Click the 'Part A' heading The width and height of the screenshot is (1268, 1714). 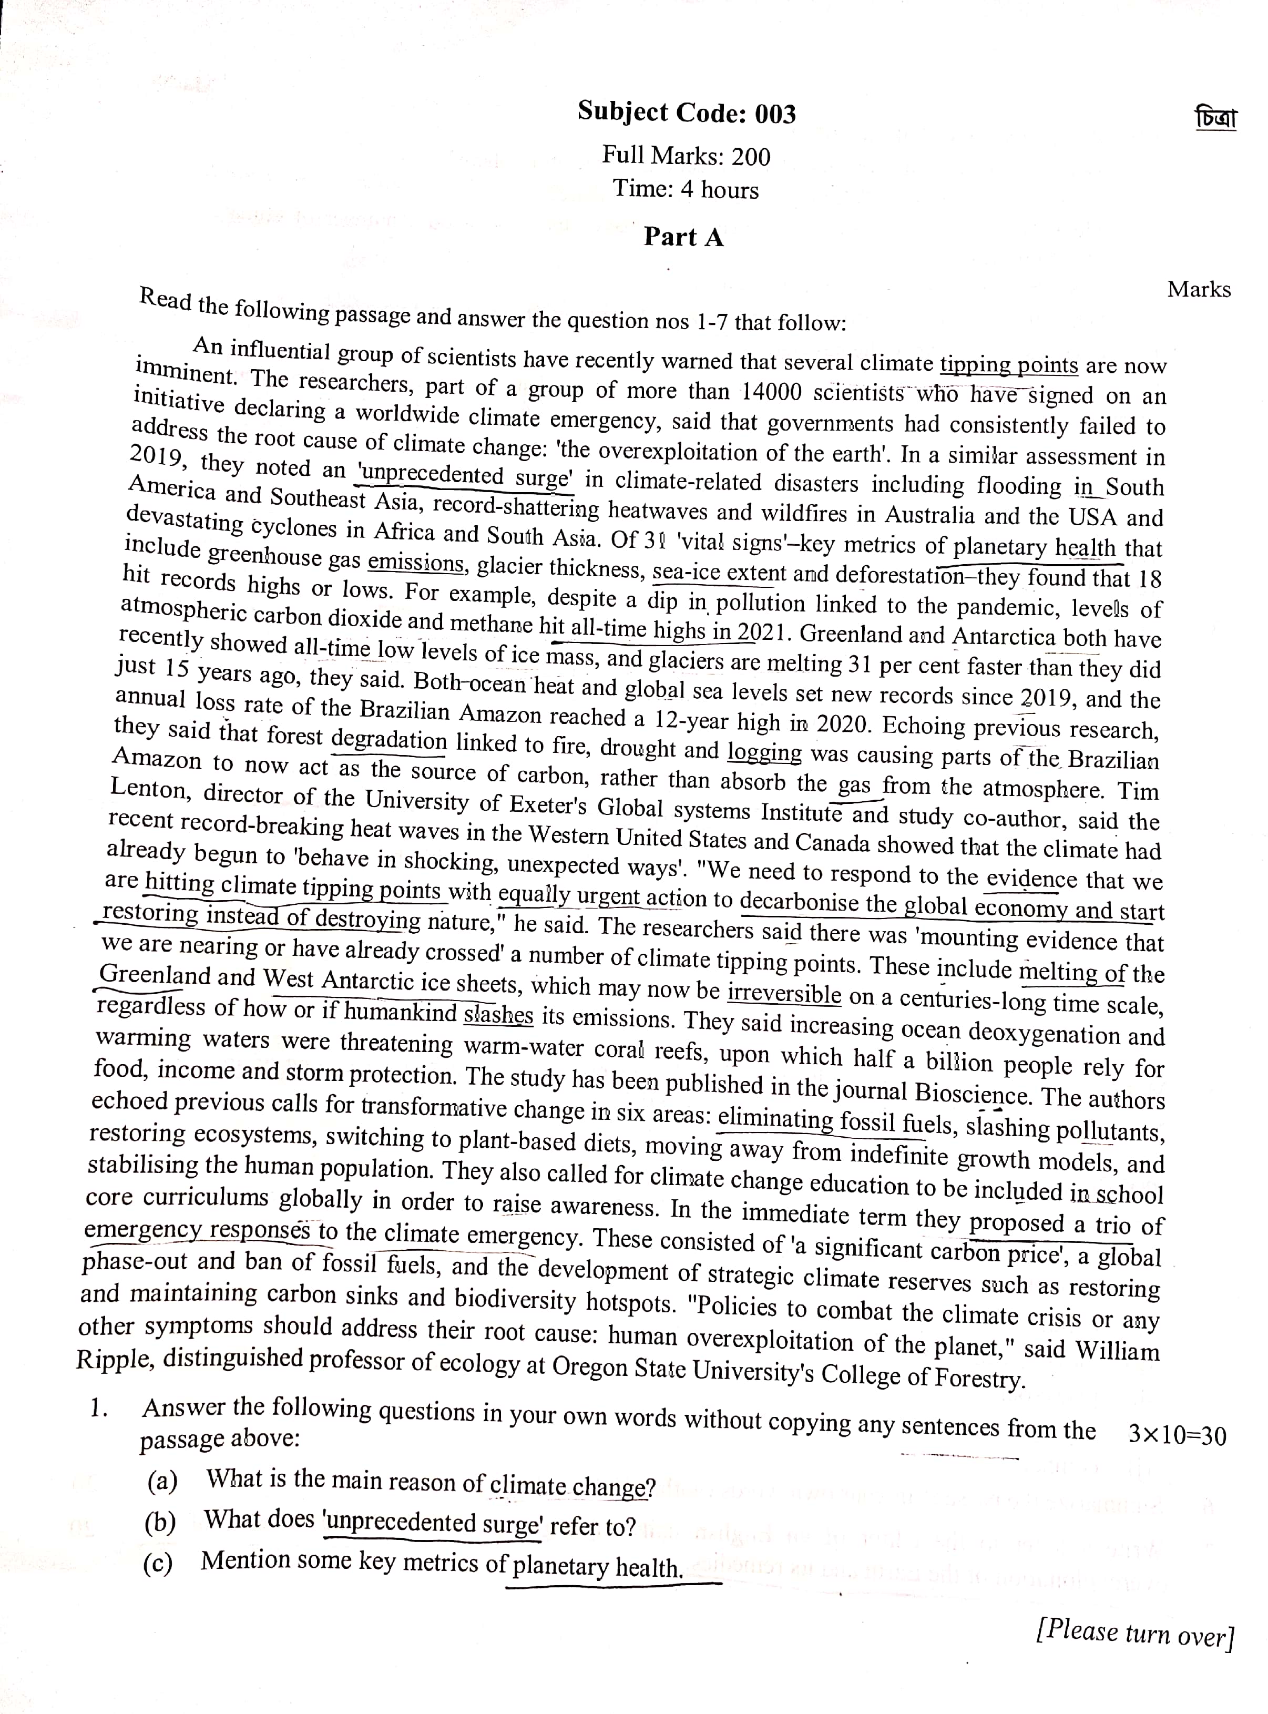pos(683,237)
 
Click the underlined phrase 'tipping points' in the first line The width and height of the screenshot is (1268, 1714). pos(1009,364)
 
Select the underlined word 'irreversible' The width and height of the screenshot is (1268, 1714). pos(784,994)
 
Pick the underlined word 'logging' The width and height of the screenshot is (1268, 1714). pos(764,751)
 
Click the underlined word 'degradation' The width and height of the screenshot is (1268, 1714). pos(389,740)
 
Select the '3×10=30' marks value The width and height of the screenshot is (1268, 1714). pos(1178,1435)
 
